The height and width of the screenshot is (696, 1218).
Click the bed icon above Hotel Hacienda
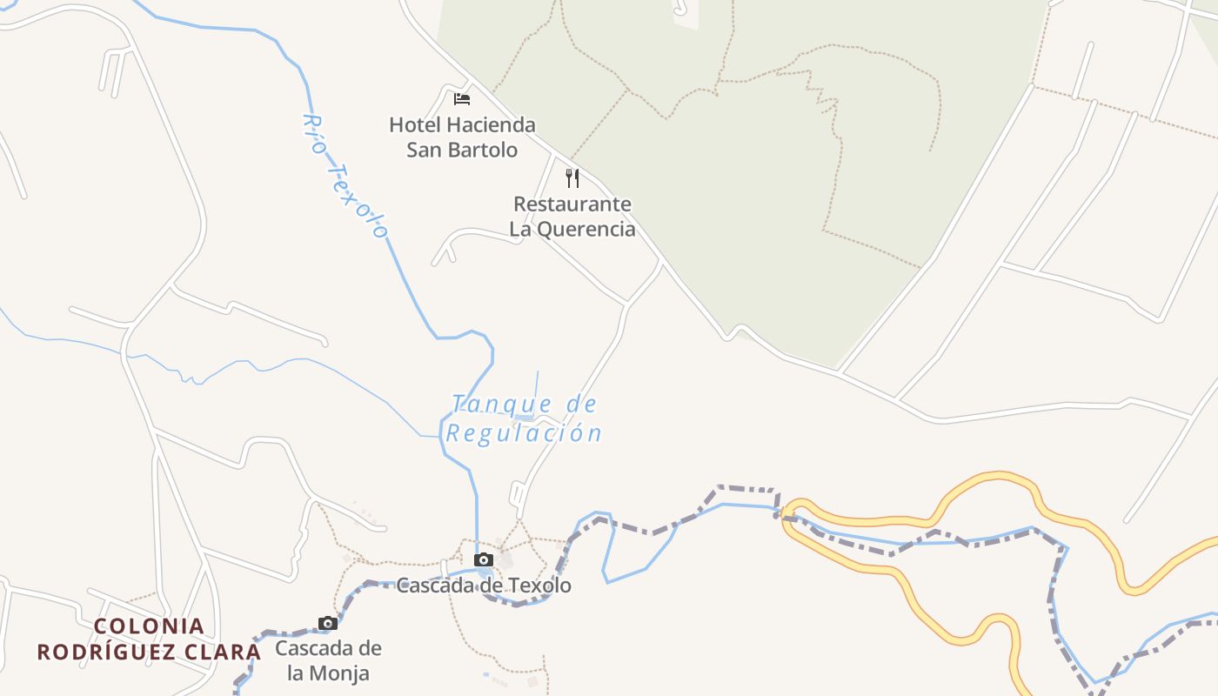pyautogui.click(x=462, y=99)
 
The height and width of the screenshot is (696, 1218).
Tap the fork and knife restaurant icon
pyautogui.click(x=572, y=178)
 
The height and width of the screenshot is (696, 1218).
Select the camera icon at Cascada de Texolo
pyautogui.click(x=484, y=559)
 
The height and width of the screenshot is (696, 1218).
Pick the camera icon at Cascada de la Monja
pyautogui.click(x=327, y=623)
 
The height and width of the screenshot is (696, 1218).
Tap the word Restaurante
pyautogui.click(x=572, y=204)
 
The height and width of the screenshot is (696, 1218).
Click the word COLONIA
pyautogui.click(x=149, y=626)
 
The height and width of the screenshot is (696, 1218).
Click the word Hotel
pyautogui.click(x=415, y=125)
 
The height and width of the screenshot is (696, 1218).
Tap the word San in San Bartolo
pyautogui.click(x=425, y=150)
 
